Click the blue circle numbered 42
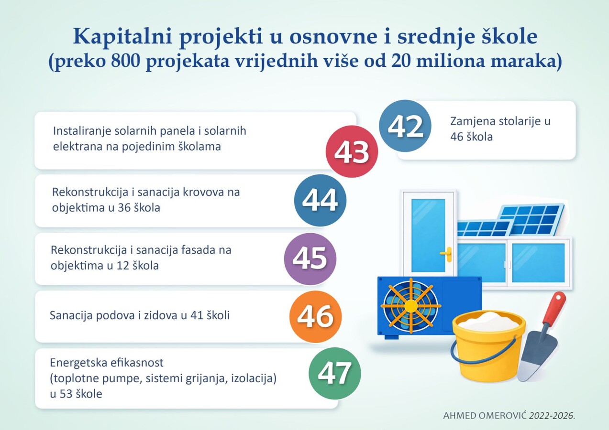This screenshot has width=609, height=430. click(405, 126)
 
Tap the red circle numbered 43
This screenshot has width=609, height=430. click(352, 151)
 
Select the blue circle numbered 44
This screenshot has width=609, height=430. click(320, 200)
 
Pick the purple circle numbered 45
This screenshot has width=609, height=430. click(310, 258)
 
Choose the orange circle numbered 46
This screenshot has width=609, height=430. click(315, 316)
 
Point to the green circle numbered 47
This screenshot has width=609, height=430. click(335, 374)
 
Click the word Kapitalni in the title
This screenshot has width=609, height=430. click(123, 37)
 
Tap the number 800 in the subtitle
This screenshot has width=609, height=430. click(125, 61)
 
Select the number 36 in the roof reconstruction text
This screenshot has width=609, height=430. click(124, 208)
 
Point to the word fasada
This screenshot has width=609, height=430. click(198, 250)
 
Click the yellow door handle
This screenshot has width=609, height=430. click(447, 254)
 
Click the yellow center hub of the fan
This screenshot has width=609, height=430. click(410, 306)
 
